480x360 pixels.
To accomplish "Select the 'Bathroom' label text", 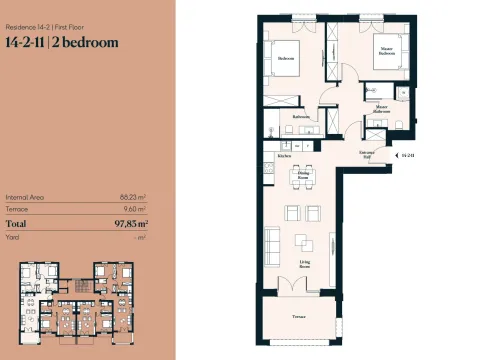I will pos(300,117).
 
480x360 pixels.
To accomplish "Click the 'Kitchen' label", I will pos(284,156).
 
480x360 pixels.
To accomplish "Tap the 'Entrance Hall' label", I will pos(368,154).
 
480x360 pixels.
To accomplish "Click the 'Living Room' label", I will pos(304,265).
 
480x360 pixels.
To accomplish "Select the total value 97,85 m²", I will pos(126,225).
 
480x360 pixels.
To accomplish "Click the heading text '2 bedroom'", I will pos(84,43).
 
